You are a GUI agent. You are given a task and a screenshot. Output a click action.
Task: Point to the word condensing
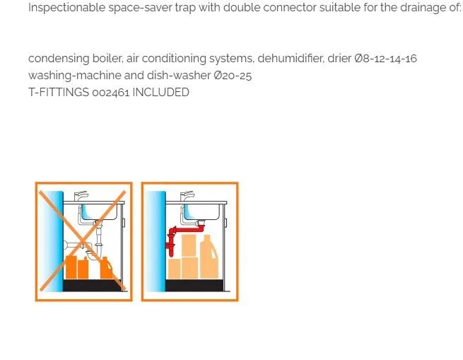59,59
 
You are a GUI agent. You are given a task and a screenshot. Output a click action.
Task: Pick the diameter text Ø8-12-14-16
386,59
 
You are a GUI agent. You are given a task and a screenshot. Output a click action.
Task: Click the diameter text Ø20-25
233,76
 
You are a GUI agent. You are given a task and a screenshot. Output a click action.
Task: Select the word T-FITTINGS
59,93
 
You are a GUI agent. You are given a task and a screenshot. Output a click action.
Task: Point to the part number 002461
111,93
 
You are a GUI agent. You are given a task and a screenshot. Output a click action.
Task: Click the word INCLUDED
160,93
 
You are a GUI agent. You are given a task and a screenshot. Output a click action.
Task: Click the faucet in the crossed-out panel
81,196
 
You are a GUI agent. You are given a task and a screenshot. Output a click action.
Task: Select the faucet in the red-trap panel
187,196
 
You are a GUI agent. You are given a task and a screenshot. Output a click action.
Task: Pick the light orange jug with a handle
209,257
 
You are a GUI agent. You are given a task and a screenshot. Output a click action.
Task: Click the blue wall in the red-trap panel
156,241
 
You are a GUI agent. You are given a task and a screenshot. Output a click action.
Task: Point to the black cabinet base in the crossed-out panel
93,285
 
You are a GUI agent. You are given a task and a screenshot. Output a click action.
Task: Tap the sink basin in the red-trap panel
201,211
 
